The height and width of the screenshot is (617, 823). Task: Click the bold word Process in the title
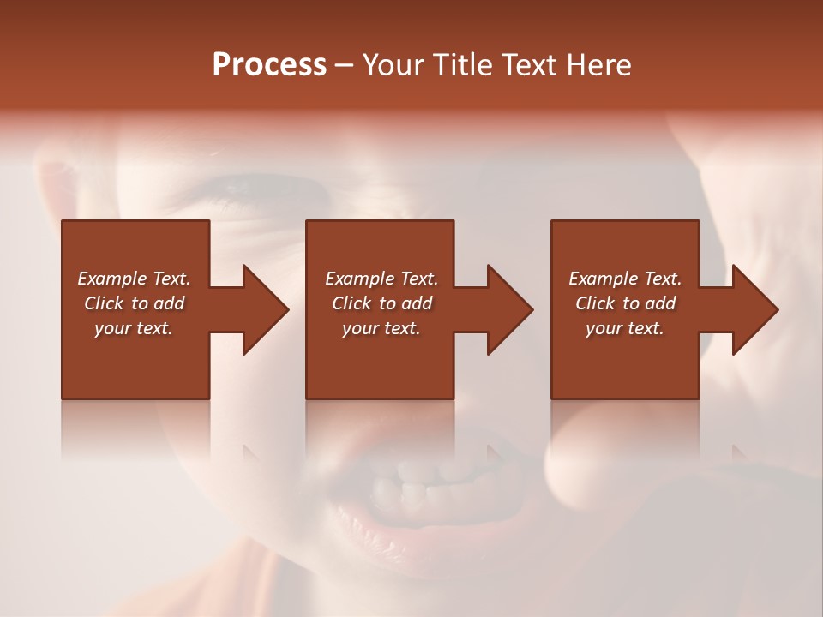coord(269,65)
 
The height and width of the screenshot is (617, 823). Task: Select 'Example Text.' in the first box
coord(134,279)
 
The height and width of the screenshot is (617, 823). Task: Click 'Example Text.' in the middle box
coord(381,279)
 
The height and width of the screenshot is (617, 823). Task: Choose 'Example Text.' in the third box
coord(625,279)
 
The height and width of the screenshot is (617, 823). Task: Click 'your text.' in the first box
coord(134,328)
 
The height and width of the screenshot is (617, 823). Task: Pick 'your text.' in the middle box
coord(381,328)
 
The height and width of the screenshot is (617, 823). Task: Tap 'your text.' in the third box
coord(625,328)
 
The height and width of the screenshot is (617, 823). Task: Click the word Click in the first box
coord(105,303)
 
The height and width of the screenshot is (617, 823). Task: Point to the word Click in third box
coord(596,303)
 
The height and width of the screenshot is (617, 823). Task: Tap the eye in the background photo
coord(249,184)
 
